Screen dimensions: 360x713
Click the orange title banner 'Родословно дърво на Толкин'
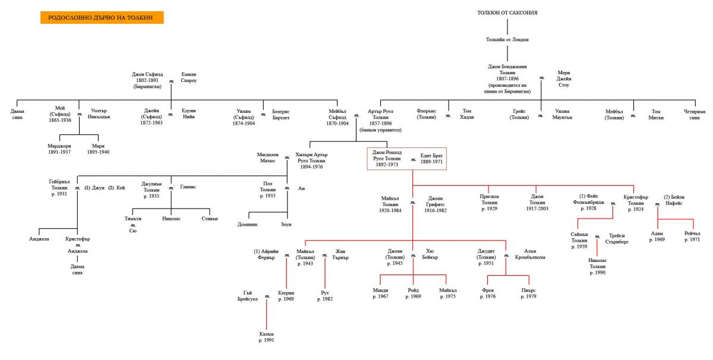click(x=102, y=18)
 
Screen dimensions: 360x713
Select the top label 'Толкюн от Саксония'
click(x=507, y=12)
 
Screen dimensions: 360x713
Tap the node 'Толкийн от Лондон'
click(x=507, y=39)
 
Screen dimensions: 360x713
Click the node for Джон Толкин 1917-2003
click(x=537, y=203)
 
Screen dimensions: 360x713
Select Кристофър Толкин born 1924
click(x=636, y=203)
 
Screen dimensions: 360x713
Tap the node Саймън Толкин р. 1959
click(x=579, y=241)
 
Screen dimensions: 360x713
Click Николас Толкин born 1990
click(x=597, y=266)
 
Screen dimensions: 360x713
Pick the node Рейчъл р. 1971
click(x=692, y=236)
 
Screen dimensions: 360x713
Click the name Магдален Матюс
click(x=267, y=157)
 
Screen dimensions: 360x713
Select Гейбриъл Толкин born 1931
click(x=59, y=187)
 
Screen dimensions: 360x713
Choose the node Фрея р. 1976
click(x=488, y=293)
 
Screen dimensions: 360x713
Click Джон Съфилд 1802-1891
click(x=147, y=80)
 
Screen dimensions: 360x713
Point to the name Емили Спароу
click(x=188, y=77)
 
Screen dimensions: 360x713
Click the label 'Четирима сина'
click(x=694, y=114)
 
